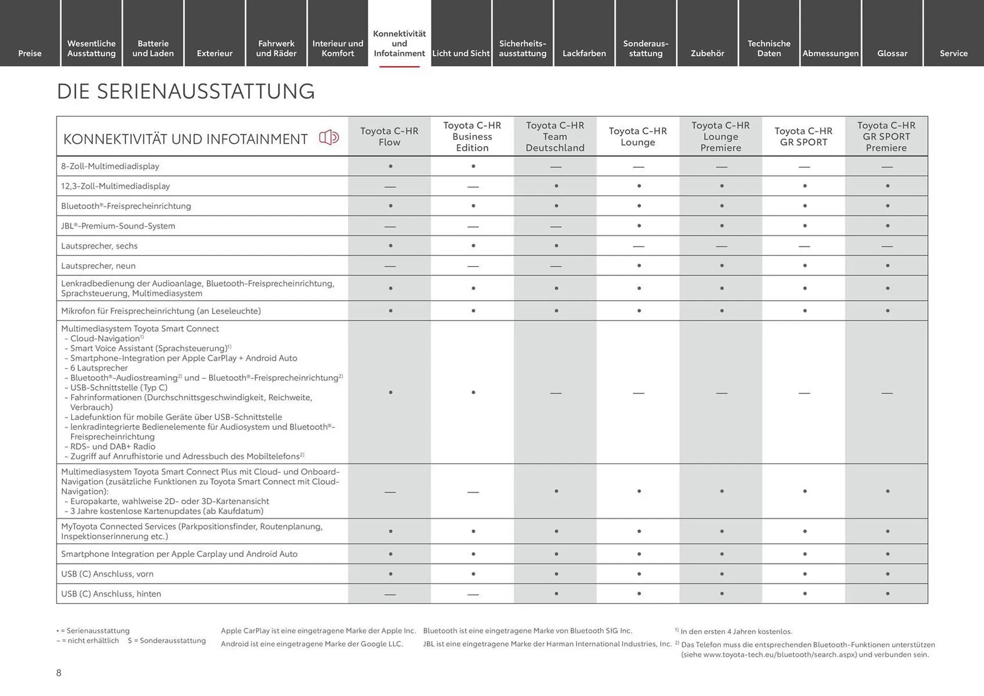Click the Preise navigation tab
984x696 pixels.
coord(30,53)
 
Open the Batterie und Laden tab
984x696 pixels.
coord(153,48)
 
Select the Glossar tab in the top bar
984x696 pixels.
coord(892,53)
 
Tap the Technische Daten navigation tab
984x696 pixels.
coord(769,48)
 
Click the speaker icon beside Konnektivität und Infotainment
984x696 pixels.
coord(329,137)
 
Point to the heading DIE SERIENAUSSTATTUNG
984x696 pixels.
coord(186,92)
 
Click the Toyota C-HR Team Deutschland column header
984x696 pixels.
coord(555,136)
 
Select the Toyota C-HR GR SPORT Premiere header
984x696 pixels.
coord(886,136)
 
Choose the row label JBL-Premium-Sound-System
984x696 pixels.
coord(118,226)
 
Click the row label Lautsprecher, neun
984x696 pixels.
coord(98,266)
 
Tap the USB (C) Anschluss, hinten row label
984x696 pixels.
coord(111,594)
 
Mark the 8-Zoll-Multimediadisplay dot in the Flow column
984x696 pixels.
coord(391,167)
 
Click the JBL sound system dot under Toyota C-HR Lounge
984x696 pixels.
coord(639,226)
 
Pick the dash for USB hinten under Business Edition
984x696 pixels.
coord(473,595)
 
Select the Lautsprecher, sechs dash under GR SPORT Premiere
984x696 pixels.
coord(887,247)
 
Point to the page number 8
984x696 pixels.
coord(59,673)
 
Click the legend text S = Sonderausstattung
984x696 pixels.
coord(167,641)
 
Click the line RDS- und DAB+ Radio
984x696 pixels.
coord(112,446)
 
